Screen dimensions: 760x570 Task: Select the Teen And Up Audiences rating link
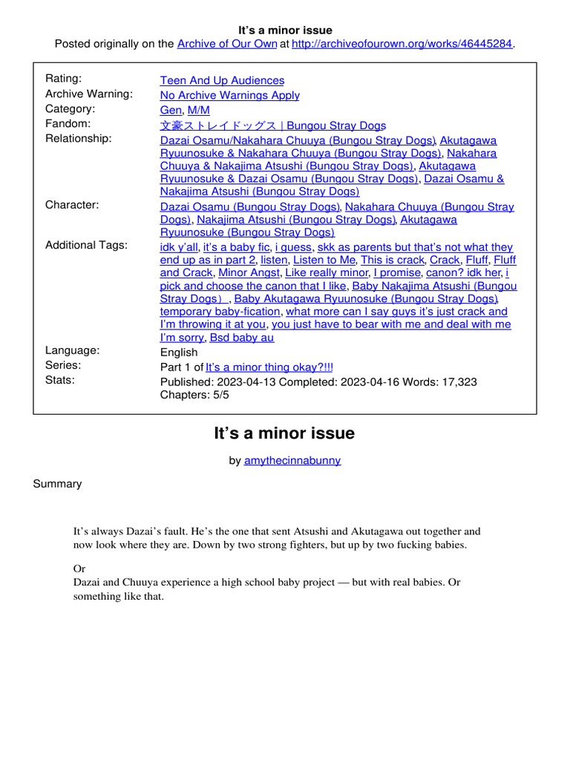[222, 80]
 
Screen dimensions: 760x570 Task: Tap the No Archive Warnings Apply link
[230, 95]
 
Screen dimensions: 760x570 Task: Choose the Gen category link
[171, 110]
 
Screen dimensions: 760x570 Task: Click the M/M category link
[199, 110]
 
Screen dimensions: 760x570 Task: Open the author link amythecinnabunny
[292, 460]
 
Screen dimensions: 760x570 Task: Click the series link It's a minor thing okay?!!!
[269, 367]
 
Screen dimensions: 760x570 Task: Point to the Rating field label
[64, 79]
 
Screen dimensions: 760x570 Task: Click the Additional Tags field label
[86, 245]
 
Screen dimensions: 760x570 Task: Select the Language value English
[179, 353]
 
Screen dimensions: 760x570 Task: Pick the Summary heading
[57, 484]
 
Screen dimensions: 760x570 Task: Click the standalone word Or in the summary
[79, 568]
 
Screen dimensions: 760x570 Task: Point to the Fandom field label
[68, 124]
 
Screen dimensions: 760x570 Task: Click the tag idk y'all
[179, 247]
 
